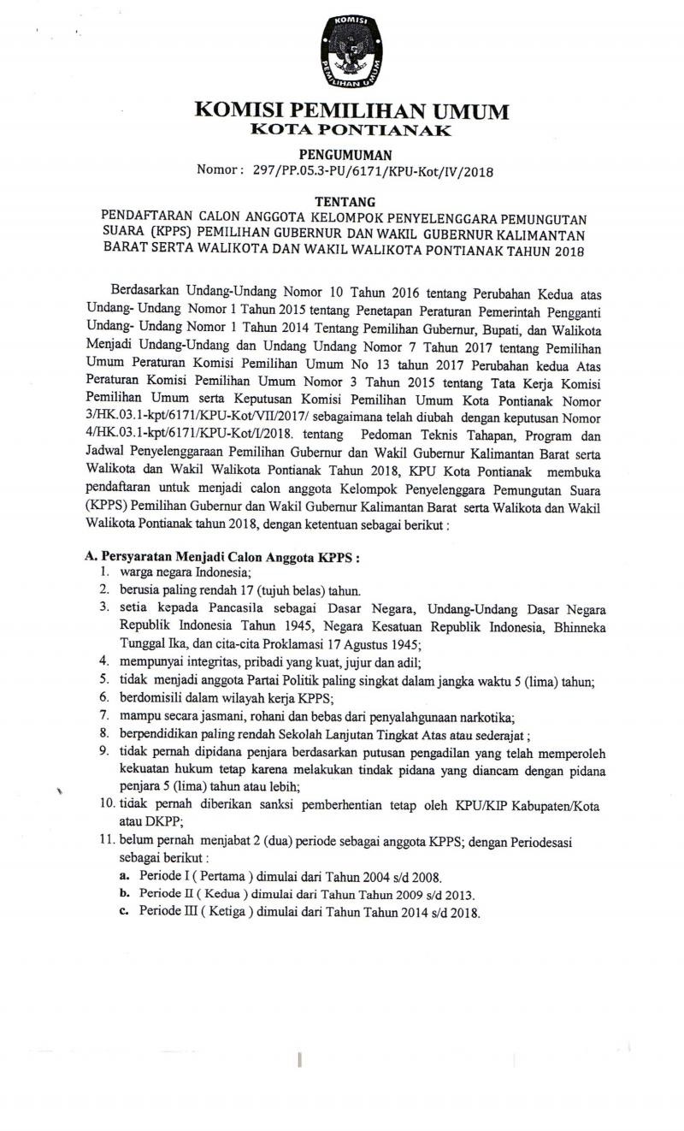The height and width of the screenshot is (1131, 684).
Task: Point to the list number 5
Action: (103, 679)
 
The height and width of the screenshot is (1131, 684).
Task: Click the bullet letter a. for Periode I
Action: (124, 877)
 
